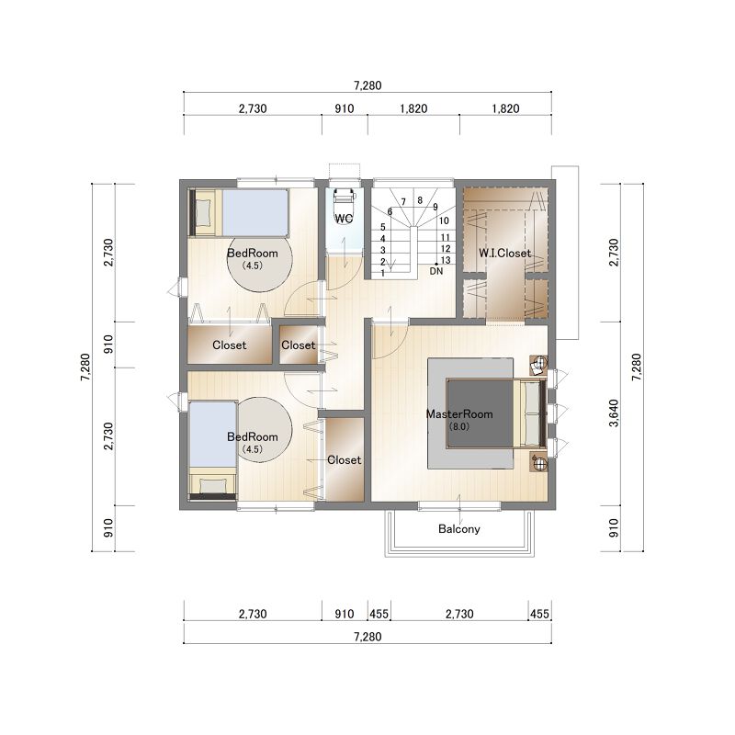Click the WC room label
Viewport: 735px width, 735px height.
point(344,219)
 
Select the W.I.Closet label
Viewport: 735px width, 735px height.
point(504,254)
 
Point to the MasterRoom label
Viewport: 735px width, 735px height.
point(459,414)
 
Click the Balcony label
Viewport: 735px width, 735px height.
point(459,529)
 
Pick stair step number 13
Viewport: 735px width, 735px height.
point(446,260)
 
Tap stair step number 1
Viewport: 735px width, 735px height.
point(382,273)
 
